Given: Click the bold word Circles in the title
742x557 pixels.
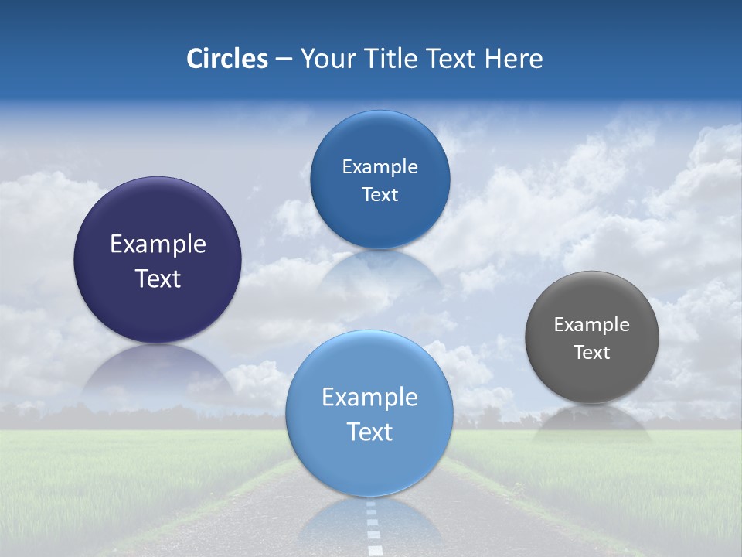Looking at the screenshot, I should [227, 59].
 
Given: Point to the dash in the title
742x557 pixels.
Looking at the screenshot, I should [284, 60].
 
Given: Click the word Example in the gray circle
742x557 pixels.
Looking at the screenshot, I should [592, 325].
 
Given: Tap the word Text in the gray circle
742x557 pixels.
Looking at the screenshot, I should [592, 353].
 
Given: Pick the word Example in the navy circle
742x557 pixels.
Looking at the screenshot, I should [158, 244].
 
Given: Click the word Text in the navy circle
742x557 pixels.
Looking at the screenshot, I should [158, 279].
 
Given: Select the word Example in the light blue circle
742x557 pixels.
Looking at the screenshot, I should [369, 398].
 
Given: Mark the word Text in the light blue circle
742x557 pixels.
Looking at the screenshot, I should [369, 432].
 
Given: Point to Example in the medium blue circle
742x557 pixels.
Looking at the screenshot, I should [380, 167].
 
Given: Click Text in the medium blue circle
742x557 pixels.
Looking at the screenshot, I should [380, 195].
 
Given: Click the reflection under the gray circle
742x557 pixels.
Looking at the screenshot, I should [592, 424].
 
